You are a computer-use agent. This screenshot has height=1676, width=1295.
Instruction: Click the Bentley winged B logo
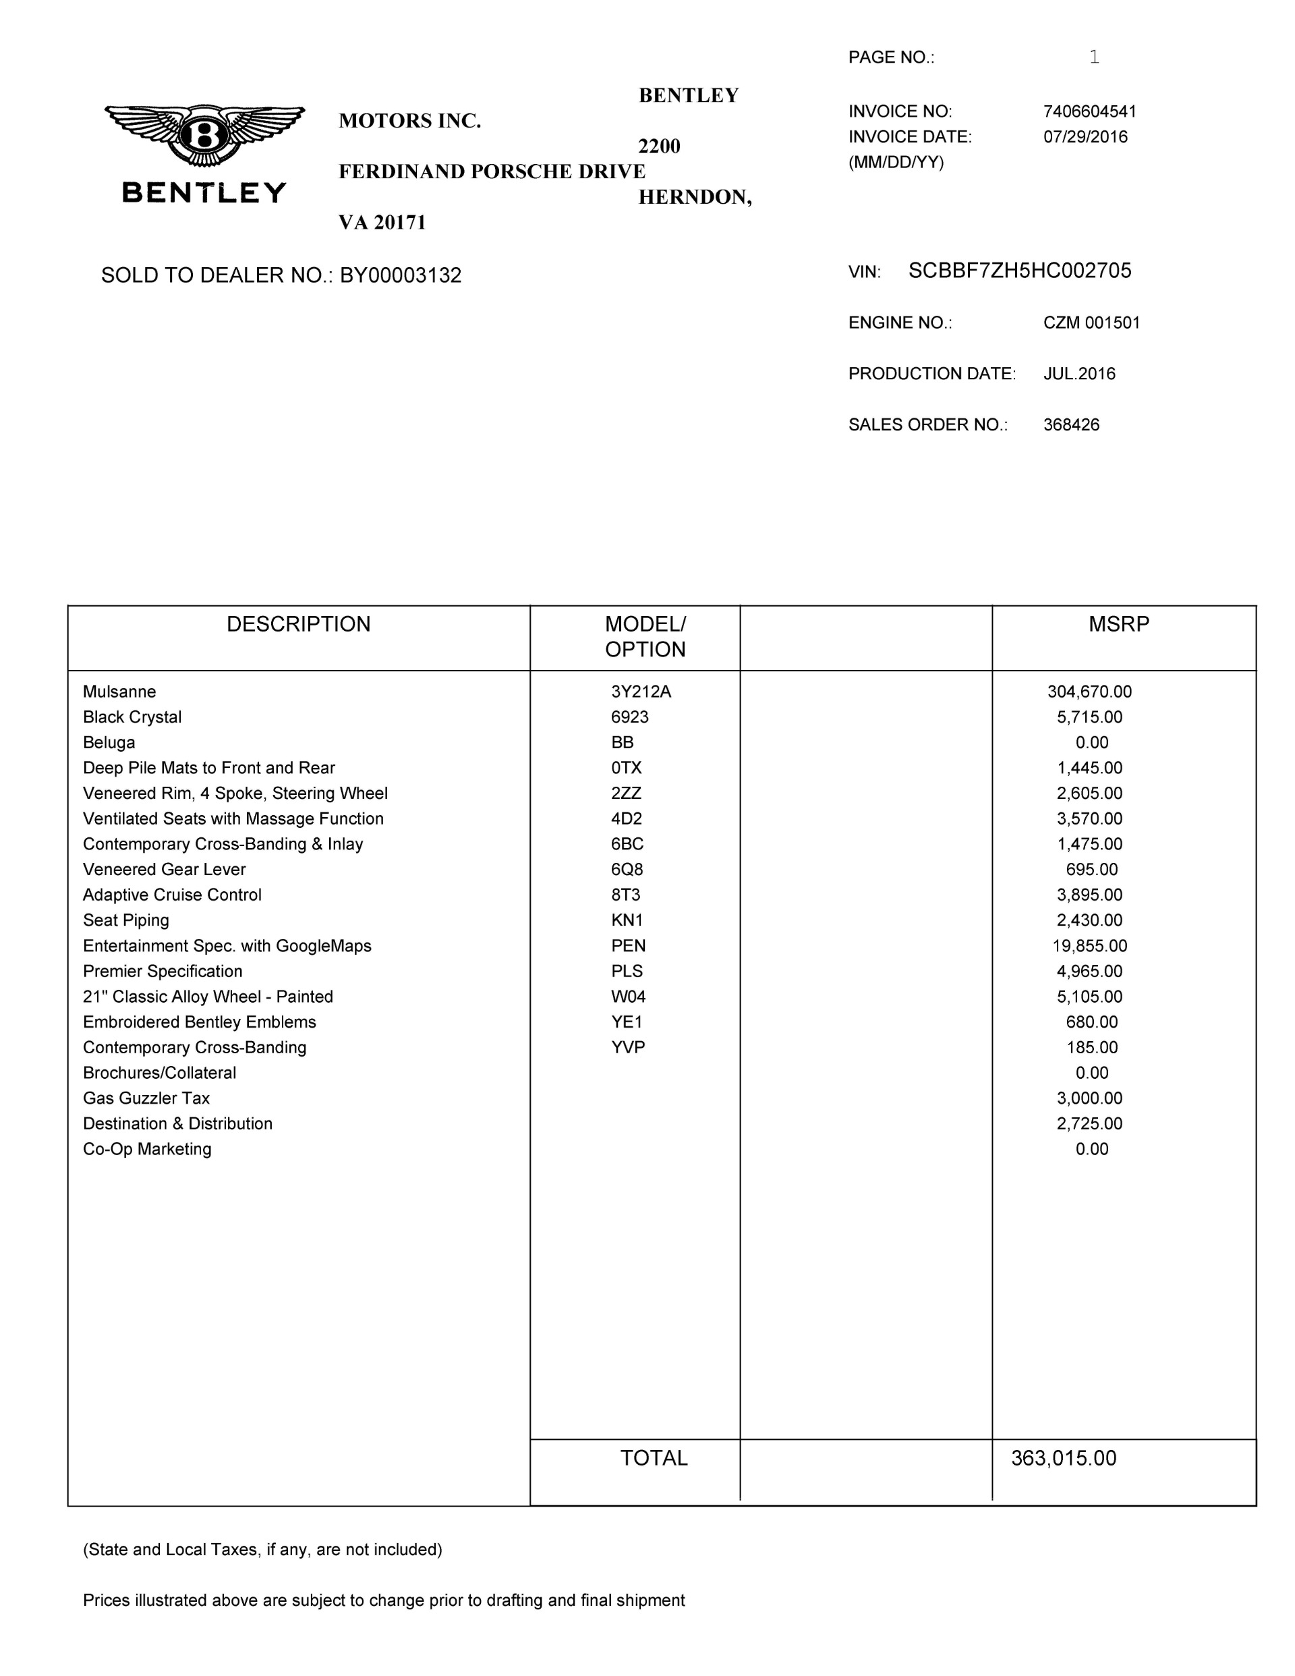point(204,136)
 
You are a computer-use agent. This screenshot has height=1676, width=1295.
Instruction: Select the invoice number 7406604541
point(1089,111)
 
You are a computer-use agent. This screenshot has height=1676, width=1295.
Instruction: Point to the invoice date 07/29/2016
point(1085,136)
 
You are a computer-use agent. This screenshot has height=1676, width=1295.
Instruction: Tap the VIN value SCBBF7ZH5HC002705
point(1020,271)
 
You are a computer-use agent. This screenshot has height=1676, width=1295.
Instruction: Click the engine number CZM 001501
point(1091,323)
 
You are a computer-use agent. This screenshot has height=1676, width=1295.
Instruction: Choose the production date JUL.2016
point(1078,374)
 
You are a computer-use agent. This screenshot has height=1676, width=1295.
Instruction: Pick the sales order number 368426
point(1071,424)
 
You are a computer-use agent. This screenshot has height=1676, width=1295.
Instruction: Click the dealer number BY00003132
point(401,275)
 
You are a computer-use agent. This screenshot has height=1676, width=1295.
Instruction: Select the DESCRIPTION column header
point(298,624)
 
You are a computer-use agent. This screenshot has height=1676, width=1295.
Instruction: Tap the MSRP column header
point(1118,624)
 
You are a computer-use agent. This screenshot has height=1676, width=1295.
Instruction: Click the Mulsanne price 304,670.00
point(1089,692)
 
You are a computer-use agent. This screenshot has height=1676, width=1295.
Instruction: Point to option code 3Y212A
point(641,692)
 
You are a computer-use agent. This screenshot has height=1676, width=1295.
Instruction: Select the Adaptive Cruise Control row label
point(172,895)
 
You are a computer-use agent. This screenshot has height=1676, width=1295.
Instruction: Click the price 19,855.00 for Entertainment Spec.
point(1089,945)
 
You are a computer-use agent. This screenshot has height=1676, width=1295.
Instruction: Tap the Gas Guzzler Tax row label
point(146,1098)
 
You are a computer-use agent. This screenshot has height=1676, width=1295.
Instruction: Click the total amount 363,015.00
point(1063,1458)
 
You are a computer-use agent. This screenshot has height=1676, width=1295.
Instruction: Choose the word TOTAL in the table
point(654,1458)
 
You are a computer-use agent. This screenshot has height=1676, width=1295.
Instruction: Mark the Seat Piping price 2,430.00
point(1089,920)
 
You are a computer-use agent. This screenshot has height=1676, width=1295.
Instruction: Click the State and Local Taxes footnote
point(262,1549)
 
